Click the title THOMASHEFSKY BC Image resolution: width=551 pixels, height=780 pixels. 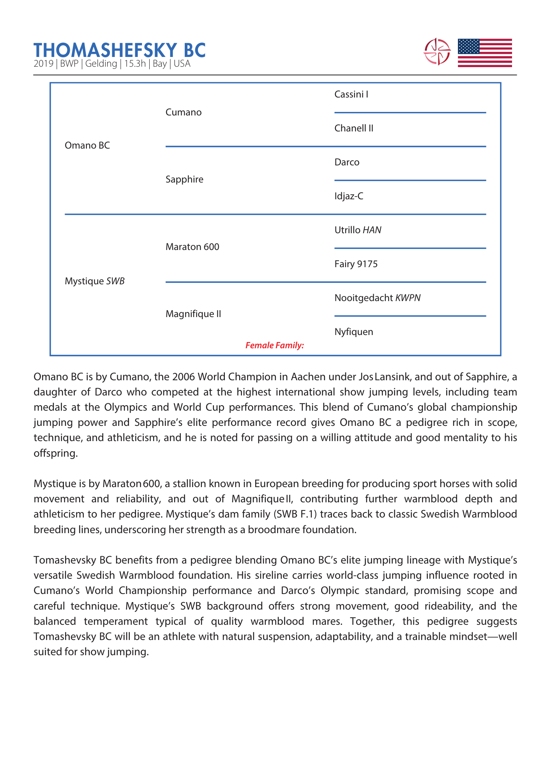click(119, 50)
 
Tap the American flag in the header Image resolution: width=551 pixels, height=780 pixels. click(484, 53)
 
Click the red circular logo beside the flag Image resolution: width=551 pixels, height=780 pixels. click(437, 51)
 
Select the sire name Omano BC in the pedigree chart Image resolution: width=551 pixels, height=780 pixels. click(87, 145)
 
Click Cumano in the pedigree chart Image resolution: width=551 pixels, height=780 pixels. click(184, 112)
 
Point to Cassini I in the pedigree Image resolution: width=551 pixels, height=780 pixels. click(351, 94)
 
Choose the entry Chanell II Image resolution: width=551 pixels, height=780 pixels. click(354, 128)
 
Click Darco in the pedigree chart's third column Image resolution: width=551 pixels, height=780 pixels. click(347, 162)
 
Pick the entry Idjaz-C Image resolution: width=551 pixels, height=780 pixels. click(349, 196)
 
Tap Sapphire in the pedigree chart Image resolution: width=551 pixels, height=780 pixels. click(184, 179)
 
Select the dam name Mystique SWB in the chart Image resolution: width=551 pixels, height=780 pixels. click(95, 281)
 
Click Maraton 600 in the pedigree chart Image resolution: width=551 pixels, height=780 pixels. click(192, 247)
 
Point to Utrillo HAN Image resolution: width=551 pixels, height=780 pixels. click(358, 230)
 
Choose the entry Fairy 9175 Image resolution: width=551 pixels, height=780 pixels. click(356, 264)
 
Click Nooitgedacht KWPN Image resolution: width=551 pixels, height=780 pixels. click(377, 298)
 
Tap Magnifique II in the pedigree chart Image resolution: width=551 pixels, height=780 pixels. click(193, 314)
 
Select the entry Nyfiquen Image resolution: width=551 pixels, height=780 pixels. click(353, 332)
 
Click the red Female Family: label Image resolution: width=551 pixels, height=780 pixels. click(274, 345)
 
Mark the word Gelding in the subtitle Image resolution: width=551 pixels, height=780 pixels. click(101, 64)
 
